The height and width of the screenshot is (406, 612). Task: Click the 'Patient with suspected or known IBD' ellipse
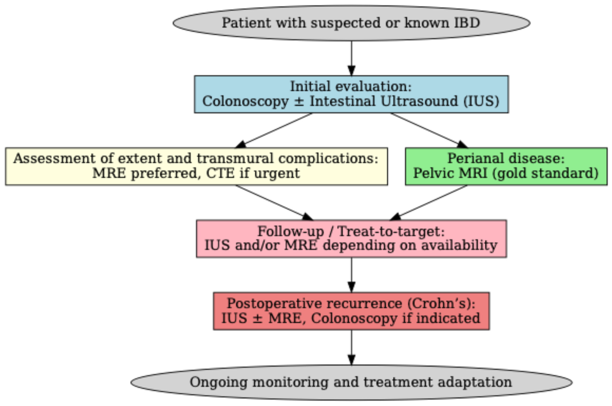click(351, 23)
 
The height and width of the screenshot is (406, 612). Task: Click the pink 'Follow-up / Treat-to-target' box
click(351, 238)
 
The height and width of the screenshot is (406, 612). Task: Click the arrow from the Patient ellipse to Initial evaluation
click(351, 58)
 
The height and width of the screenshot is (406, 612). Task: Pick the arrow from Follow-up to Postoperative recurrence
click(351, 275)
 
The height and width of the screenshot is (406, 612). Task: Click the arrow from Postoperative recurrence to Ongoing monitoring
click(351, 347)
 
